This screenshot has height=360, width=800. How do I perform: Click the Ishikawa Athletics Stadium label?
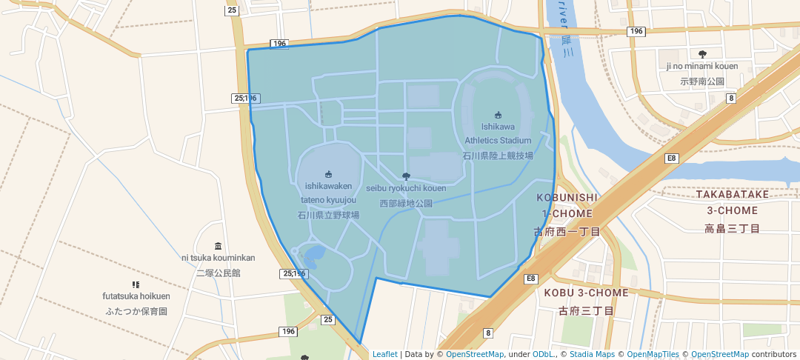click(x=498, y=134)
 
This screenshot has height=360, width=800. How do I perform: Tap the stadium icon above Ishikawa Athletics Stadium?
click(x=498, y=114)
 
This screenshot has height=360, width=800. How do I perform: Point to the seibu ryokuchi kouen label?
click(x=406, y=188)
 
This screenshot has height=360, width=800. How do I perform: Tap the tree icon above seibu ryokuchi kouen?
click(x=406, y=176)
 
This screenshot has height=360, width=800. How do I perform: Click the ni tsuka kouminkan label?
click(x=218, y=258)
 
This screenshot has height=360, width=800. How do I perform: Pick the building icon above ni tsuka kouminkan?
click(x=218, y=245)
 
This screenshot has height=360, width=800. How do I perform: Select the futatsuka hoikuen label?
click(x=136, y=296)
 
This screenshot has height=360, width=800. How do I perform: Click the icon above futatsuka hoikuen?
click(x=136, y=284)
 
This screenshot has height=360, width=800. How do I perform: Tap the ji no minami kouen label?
click(x=702, y=66)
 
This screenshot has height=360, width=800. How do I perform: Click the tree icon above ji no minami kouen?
click(x=702, y=53)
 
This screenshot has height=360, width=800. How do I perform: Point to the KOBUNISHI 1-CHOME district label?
click(x=567, y=205)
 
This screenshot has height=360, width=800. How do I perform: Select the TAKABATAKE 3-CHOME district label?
click(x=733, y=202)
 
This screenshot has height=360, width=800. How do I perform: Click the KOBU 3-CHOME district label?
click(x=586, y=293)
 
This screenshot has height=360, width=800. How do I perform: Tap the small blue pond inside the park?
click(x=313, y=255)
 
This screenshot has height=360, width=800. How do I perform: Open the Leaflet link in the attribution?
click(x=384, y=354)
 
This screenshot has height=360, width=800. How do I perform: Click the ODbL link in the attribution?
click(x=544, y=354)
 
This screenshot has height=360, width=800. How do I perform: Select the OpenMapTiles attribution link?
click(x=653, y=354)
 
